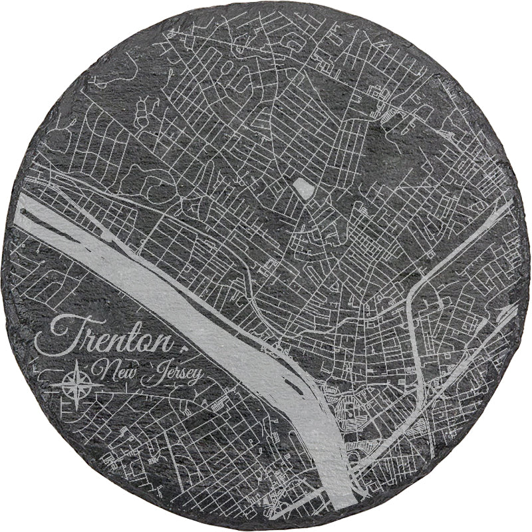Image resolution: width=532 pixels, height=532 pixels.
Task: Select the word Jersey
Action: point(176,375)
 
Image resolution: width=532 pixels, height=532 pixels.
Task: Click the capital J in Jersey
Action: point(156,374)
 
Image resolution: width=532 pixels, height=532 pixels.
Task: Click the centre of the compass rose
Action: point(78,380)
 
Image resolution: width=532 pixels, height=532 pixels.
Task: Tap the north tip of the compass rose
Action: point(78,362)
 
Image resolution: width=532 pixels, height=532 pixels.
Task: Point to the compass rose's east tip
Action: point(97,380)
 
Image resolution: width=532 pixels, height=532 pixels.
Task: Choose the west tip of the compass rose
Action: point(61,380)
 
